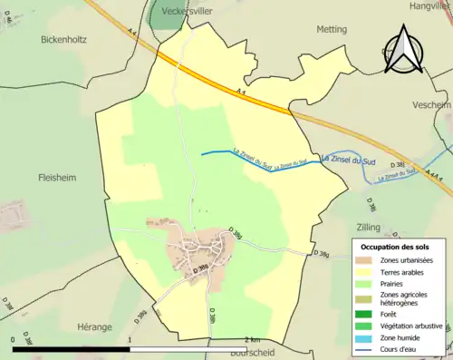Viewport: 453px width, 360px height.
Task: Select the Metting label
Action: tap(331, 29)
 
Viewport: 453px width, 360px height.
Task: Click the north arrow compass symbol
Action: tap(405, 51)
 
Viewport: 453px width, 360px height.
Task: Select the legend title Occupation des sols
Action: tap(394, 247)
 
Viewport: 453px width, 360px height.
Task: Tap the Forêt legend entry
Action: tap(390, 314)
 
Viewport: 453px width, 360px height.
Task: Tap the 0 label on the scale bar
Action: tap(13, 339)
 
